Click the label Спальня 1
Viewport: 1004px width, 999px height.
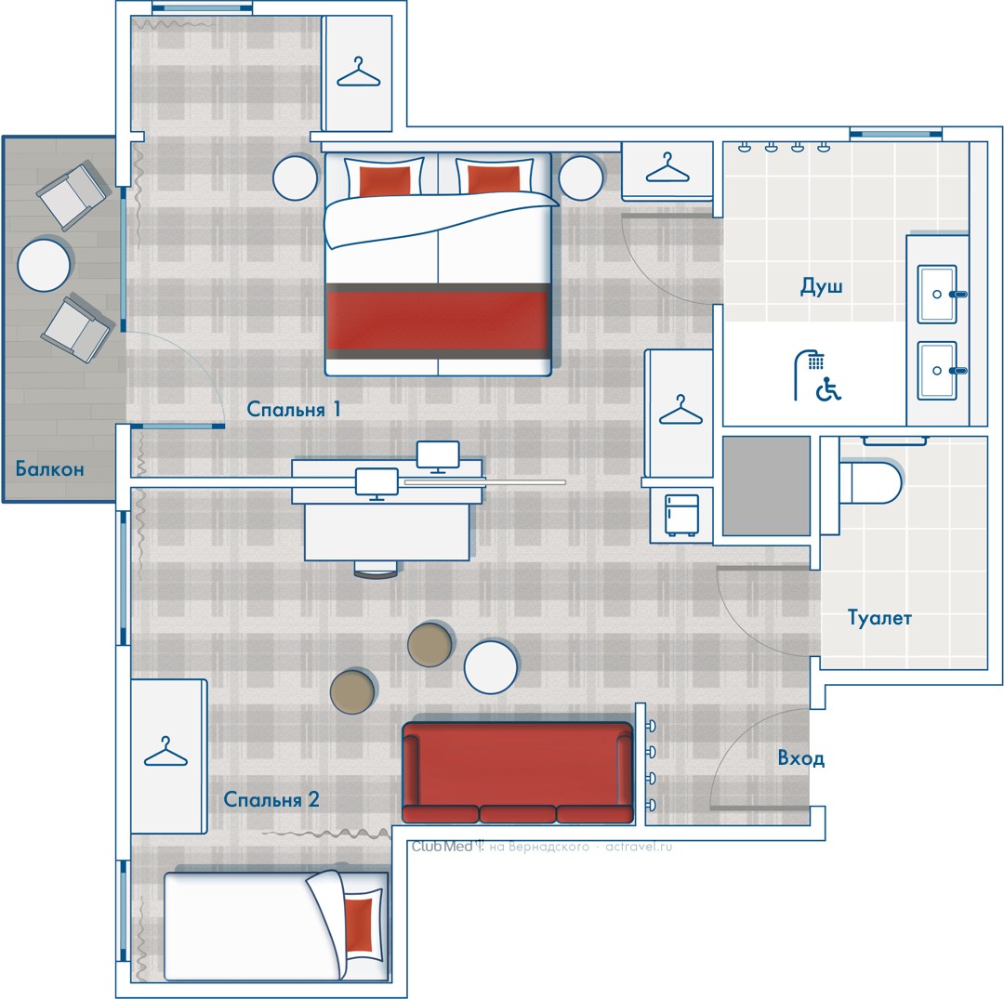[293, 409]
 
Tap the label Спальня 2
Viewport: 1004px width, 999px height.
[271, 799]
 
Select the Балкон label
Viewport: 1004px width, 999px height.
[50, 469]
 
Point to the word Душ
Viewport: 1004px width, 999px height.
[821, 285]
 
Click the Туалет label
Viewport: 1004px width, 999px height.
[879, 618]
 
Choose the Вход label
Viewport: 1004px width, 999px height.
[800, 758]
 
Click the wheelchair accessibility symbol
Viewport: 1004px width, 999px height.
[828, 389]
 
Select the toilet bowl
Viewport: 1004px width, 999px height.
[870, 481]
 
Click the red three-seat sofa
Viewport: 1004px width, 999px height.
[518, 772]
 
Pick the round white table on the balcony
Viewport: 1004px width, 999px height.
[44, 265]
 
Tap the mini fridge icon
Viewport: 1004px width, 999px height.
[680, 515]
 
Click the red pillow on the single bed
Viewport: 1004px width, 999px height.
[359, 924]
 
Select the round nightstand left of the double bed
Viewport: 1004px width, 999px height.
[295, 177]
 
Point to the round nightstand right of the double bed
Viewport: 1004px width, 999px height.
[581, 177]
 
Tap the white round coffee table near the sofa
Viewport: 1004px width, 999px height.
[491, 667]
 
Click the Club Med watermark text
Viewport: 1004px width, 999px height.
[442, 847]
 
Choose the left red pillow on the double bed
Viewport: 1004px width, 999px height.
[385, 180]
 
